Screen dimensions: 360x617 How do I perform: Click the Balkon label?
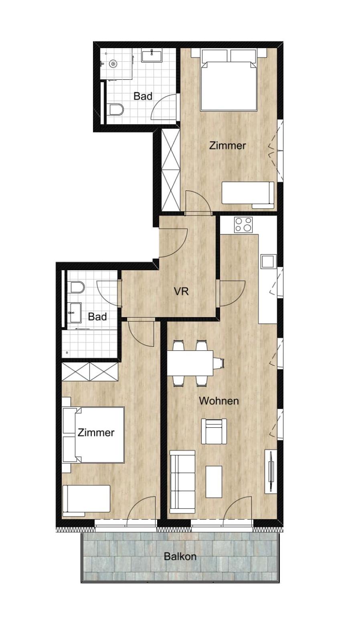click(180, 556)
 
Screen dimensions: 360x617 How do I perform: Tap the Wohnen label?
click(219, 401)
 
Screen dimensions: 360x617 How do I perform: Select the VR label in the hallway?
click(181, 291)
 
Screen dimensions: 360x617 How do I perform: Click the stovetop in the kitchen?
click(243, 225)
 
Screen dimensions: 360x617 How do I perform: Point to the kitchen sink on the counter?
click(268, 261)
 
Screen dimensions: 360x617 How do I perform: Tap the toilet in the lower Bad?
click(77, 287)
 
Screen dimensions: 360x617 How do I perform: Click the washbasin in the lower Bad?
click(75, 313)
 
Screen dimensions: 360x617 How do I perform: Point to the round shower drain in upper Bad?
click(112, 64)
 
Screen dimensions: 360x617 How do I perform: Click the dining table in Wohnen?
click(190, 363)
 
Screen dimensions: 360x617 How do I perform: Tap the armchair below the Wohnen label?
click(214, 431)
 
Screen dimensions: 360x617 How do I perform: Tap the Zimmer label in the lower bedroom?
click(96, 433)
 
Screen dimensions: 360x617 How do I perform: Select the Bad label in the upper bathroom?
click(143, 96)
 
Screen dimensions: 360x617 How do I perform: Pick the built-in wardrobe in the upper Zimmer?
click(171, 170)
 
